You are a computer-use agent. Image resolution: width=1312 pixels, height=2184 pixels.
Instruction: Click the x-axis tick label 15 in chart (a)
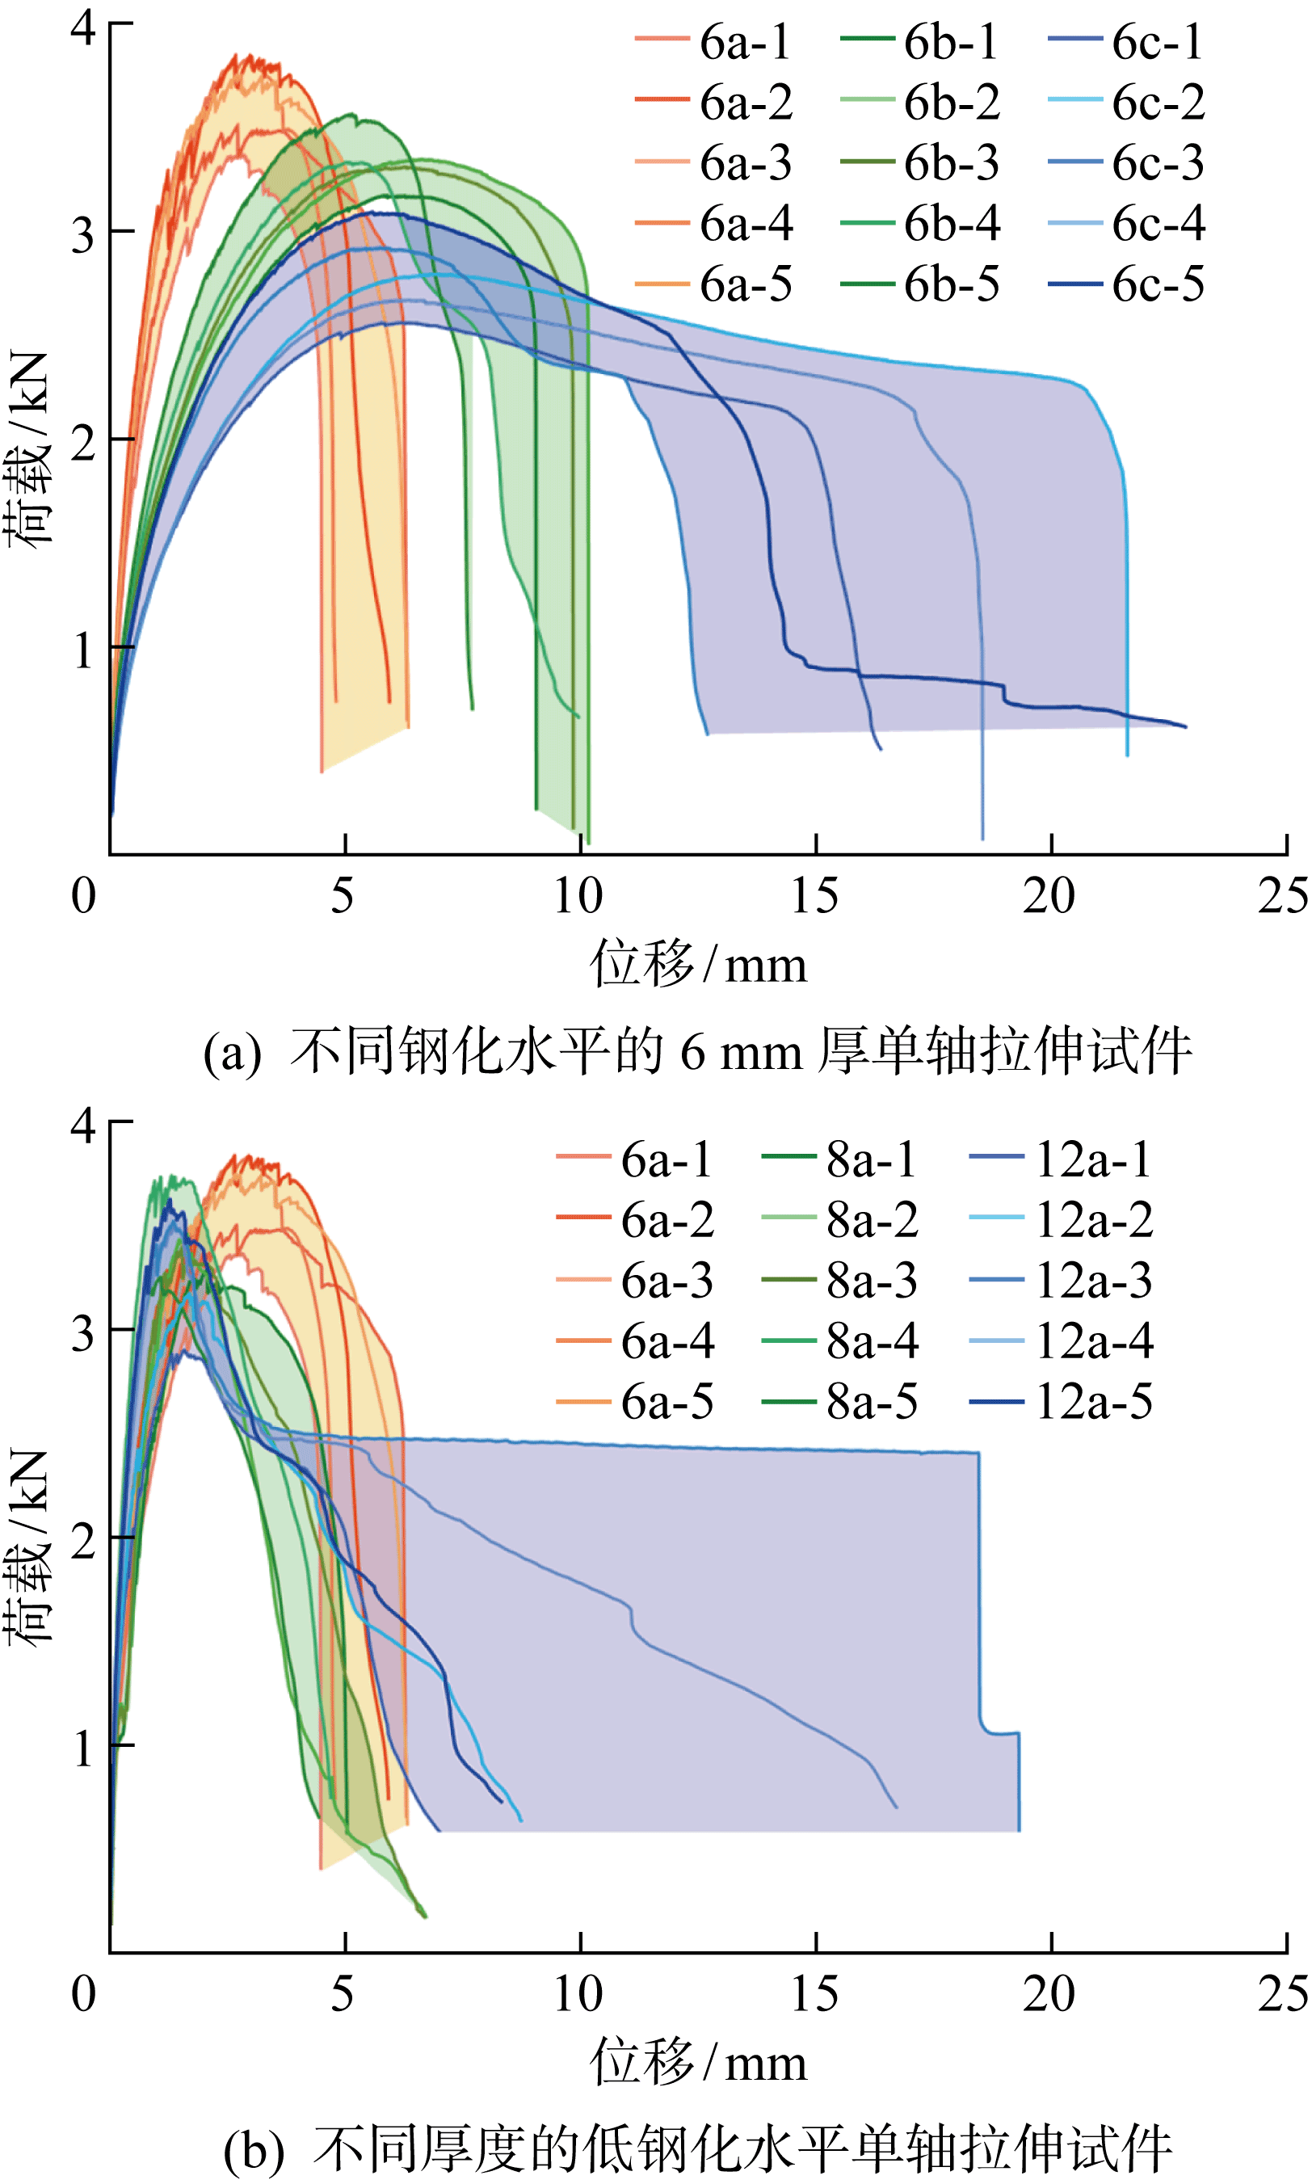pyautogui.click(x=814, y=896)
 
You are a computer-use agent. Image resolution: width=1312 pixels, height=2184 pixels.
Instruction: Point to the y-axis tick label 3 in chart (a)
pyautogui.click(x=83, y=235)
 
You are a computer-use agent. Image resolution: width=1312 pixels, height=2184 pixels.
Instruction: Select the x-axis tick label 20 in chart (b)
pyautogui.click(x=1049, y=1994)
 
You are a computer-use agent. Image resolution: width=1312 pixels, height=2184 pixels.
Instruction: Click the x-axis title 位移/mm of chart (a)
pyautogui.click(x=699, y=964)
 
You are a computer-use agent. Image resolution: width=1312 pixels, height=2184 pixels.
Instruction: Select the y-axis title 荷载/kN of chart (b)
pyautogui.click(x=28, y=1547)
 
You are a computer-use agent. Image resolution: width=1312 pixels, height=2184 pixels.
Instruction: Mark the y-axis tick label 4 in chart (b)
pyautogui.click(x=83, y=1126)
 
